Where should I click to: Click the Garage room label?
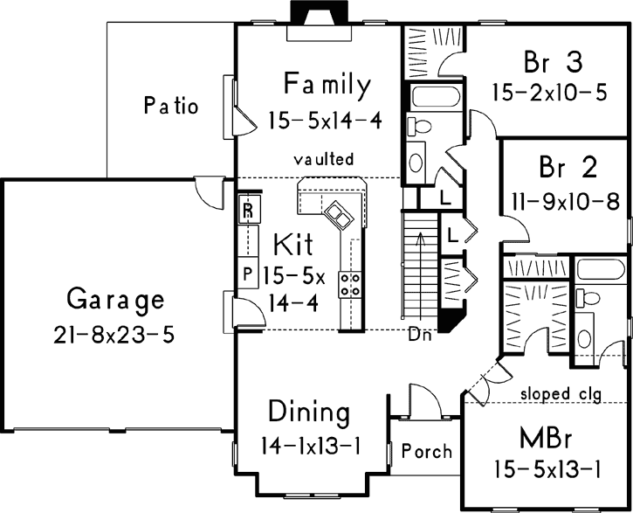click(x=115, y=301)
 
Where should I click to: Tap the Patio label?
click(x=170, y=107)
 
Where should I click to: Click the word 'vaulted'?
click(x=324, y=159)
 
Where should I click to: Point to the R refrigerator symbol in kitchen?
click(x=247, y=210)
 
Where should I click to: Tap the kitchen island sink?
click(x=336, y=211)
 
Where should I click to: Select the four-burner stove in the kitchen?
click(x=351, y=282)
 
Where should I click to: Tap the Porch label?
click(x=426, y=452)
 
